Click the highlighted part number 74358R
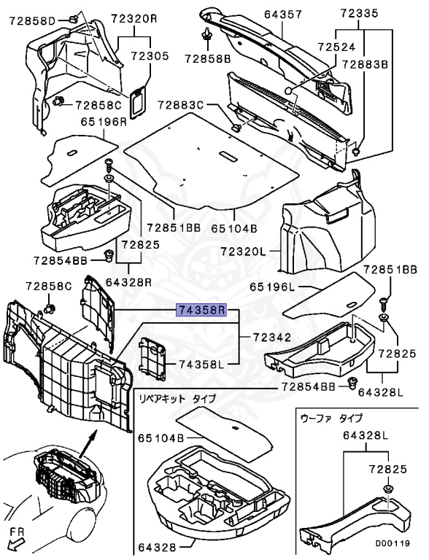pyautogui.click(x=202, y=310)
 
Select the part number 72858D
pyautogui.click(x=31, y=21)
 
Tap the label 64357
pyautogui.click(x=283, y=15)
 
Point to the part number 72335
pyautogui.click(x=358, y=13)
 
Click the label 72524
pyautogui.click(x=336, y=47)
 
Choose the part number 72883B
pyautogui.click(x=365, y=64)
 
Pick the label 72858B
pyautogui.click(x=208, y=58)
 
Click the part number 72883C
pyautogui.click(x=180, y=105)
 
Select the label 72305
pyautogui.click(x=149, y=56)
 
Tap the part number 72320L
pyautogui.click(x=243, y=251)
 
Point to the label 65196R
pyautogui.click(x=104, y=122)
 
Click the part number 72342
pyautogui.click(x=272, y=337)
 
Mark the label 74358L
pyautogui.click(x=201, y=365)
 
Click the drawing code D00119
pyautogui.click(x=393, y=543)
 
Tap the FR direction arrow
pyautogui.click(x=15, y=545)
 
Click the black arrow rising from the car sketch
pyautogui.click(x=88, y=443)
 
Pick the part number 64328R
pyautogui.click(x=128, y=282)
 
